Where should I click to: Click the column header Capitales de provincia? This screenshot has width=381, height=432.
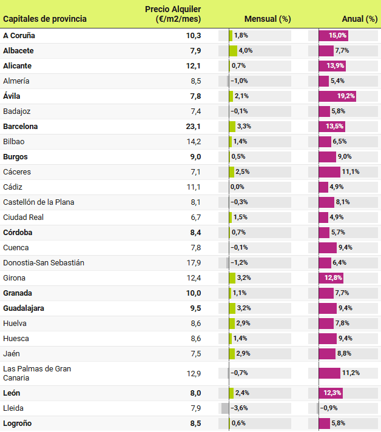pos(45,19)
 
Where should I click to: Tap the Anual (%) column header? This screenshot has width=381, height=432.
pos(360,19)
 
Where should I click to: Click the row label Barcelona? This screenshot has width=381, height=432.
pos(21,127)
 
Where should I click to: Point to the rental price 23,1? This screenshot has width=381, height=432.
pos(194,127)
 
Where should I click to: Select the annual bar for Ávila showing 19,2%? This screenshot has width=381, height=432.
pos(337,96)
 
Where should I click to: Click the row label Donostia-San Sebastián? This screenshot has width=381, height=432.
pos(44,263)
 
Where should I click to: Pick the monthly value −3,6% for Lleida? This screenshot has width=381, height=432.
pos(240,408)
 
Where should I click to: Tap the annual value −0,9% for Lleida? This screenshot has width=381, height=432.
pos(329,408)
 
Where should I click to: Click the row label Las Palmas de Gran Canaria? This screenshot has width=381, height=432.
pos(37,373)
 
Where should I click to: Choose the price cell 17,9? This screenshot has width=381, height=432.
pos(194,263)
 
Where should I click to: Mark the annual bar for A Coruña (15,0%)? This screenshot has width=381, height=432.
pos(334,36)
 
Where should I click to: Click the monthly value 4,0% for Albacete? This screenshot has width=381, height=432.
pos(246,51)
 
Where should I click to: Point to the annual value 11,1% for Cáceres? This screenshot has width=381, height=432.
pos(351,172)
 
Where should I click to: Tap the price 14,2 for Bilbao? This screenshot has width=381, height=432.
pos(194,142)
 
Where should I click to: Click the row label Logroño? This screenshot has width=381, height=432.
pos(18,424)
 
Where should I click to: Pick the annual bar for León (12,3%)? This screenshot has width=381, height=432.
pos(331,393)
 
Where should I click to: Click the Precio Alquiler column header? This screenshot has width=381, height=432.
pos(173,14)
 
